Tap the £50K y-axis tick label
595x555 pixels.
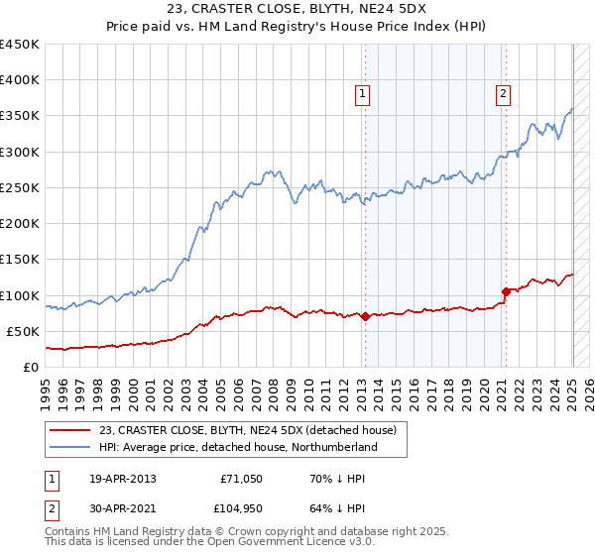point(24,331)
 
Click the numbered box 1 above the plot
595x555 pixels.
point(362,94)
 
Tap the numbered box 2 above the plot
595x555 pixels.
point(503,94)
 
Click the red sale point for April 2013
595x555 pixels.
point(365,317)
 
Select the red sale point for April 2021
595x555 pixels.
point(506,291)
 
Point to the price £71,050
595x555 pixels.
point(239,480)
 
